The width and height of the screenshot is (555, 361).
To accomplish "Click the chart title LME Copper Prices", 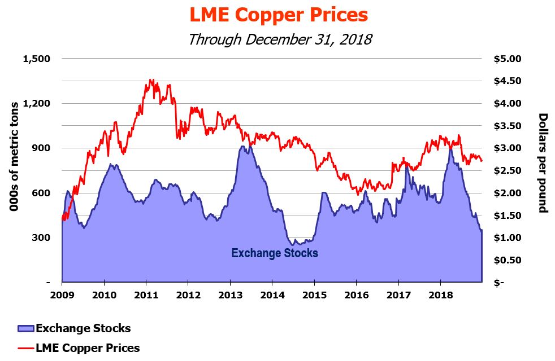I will (x=278, y=15).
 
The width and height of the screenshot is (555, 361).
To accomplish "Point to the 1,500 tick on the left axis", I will (x=37, y=59).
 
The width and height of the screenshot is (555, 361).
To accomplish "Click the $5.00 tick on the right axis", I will (x=510, y=59).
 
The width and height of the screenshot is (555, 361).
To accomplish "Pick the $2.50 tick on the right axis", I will (x=510, y=170).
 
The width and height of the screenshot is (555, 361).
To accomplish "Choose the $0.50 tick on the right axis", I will (x=510, y=260).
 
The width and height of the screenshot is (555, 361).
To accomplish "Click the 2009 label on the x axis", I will (x=62, y=295).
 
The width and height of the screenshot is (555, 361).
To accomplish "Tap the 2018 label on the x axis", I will (x=440, y=295).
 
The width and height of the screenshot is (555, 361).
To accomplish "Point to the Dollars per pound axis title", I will (x=542, y=163).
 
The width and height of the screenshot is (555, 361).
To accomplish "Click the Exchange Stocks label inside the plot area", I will (x=275, y=253).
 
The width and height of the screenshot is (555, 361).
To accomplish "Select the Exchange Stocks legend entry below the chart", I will (x=83, y=328).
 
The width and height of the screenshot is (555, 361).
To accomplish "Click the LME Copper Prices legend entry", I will (x=88, y=347).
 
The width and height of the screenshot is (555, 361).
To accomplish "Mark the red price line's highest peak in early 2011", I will (x=151, y=80).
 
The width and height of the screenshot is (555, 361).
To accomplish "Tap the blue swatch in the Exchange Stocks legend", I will (x=25, y=328).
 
